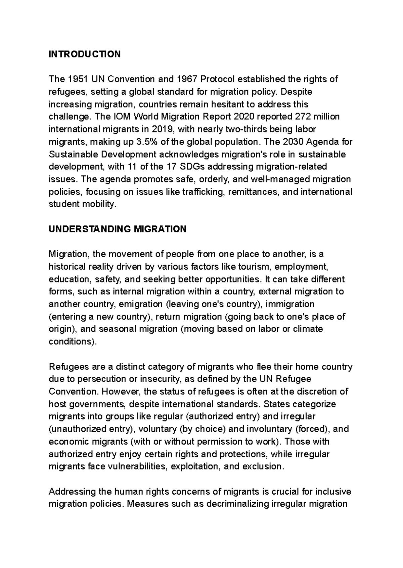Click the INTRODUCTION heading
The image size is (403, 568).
[x=85, y=54]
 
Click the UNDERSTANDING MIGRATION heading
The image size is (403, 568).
[x=117, y=229]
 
